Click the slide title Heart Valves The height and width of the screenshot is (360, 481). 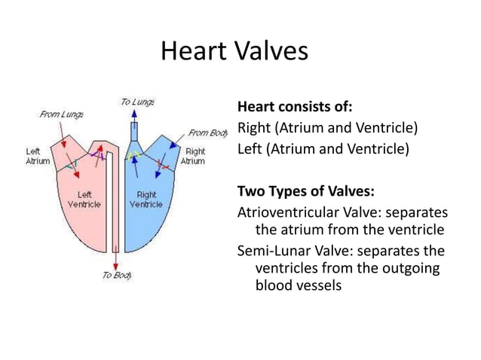pos(234,52)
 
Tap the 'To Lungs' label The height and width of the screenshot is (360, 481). pos(138,102)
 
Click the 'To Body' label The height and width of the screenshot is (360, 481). pos(117,276)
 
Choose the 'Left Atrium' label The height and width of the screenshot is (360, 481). pos(38,156)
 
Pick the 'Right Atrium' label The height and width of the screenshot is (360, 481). pos(195,156)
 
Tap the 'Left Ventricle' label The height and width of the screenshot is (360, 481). pos(84,200)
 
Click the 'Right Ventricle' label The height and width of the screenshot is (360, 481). pos(146,200)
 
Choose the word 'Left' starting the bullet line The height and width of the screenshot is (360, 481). pos(251,148)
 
